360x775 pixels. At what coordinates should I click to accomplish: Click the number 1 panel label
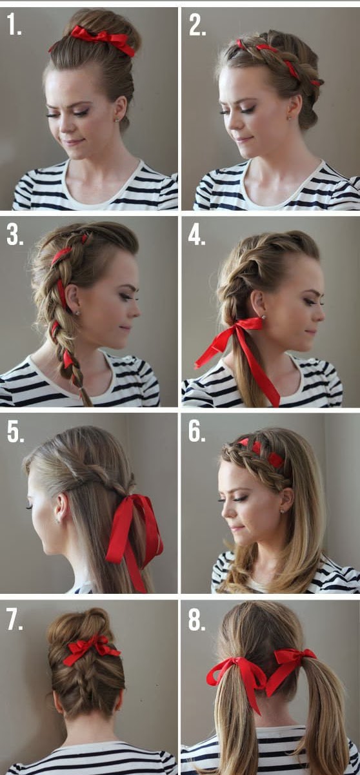(14, 25)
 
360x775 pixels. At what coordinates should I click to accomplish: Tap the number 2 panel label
(197, 25)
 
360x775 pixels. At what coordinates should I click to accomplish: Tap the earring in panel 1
(115, 120)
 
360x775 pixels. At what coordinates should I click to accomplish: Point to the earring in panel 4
(264, 317)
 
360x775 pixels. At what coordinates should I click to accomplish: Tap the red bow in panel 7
(91, 651)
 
